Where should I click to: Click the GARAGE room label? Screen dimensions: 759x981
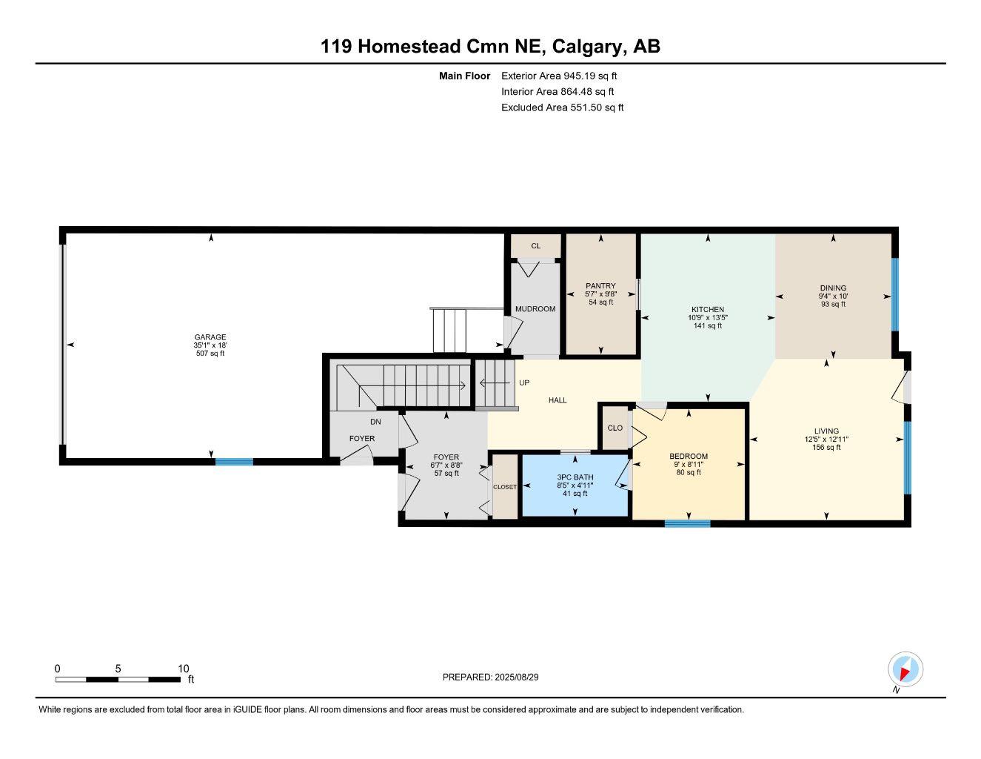[210, 337]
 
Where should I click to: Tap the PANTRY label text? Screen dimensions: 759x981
[600, 286]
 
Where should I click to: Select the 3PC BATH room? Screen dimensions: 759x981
[575, 485]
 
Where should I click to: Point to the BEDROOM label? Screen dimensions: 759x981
[689, 457]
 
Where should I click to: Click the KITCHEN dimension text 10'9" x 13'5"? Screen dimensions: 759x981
[708, 318]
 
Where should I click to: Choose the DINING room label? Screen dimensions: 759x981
[833, 288]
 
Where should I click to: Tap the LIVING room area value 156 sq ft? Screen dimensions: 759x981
[826, 448]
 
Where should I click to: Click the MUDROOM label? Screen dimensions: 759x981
[535, 309]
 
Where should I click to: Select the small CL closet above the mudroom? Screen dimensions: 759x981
[535, 246]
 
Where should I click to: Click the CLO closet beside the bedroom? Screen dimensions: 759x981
[615, 428]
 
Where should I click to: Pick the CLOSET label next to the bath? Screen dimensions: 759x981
[505, 487]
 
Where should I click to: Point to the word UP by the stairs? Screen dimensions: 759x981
[524, 383]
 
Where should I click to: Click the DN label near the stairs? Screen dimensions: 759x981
[375, 422]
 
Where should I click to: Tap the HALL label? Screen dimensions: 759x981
[558, 400]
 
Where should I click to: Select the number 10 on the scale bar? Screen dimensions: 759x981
[184, 669]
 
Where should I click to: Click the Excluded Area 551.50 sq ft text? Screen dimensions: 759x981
[562, 107]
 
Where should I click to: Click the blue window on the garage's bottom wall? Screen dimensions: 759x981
[234, 462]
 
